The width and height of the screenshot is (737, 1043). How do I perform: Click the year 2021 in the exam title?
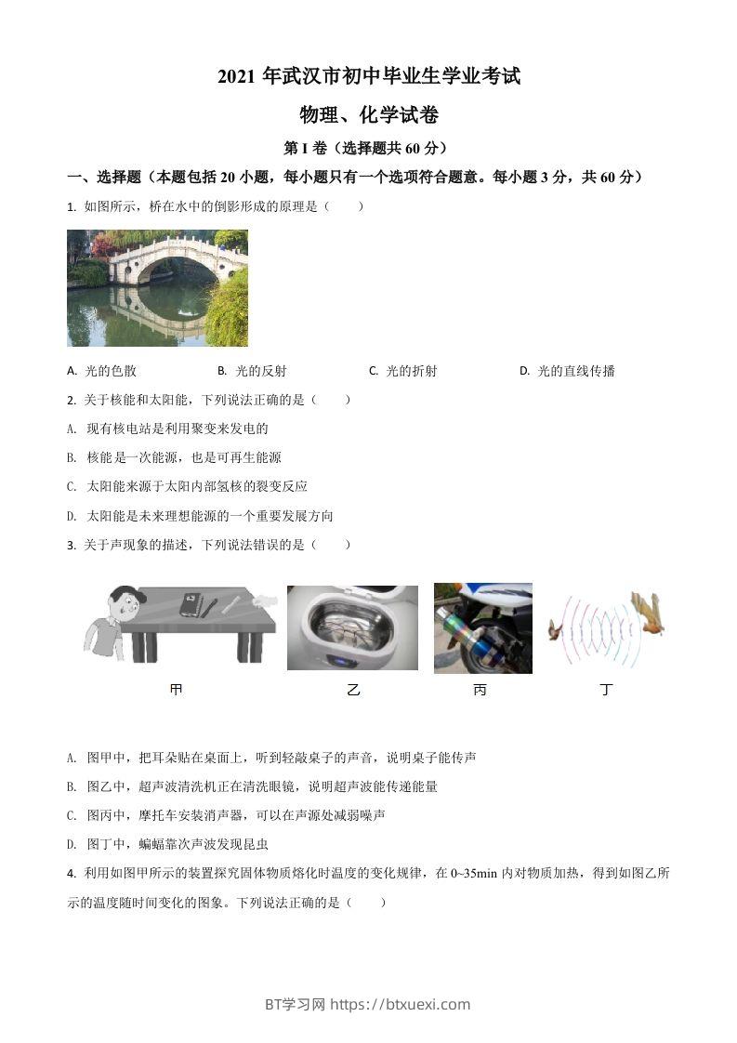pos(237,77)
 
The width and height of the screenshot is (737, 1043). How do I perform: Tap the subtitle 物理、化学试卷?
pos(368,115)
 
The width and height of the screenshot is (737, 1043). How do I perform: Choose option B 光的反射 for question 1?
pos(252,371)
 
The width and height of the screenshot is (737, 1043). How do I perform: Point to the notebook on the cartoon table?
pos(191,604)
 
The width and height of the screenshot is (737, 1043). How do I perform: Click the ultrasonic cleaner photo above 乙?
pos(352,627)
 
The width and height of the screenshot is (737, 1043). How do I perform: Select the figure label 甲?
pos(176,690)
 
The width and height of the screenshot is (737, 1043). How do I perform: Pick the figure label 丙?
pos(480,690)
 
